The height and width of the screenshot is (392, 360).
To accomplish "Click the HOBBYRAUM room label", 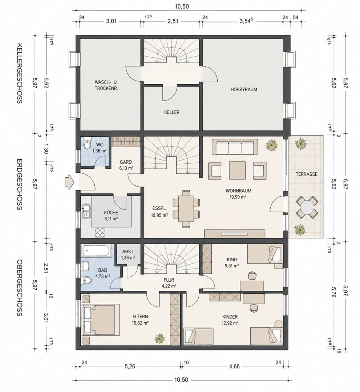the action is pyautogui.click(x=244, y=90).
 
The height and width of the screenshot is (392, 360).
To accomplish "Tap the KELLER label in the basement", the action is pyautogui.click(x=171, y=112).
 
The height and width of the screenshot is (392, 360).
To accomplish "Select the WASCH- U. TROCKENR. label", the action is pyautogui.click(x=106, y=85).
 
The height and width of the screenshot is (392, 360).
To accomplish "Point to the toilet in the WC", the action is pyautogui.click(x=87, y=144).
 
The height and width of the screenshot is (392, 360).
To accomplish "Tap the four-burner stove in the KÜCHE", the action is pyautogui.click(x=100, y=233).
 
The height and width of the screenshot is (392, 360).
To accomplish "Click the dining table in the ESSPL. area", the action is pyautogui.click(x=186, y=208).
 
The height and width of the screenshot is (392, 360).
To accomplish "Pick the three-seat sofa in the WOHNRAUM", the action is pyautogui.click(x=235, y=147).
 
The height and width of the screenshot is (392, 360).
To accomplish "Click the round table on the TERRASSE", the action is pyautogui.click(x=307, y=207).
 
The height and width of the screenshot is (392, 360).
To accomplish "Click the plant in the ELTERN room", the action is pyautogui.click(x=159, y=339).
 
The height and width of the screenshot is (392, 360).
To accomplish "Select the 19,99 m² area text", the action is pyautogui.click(x=238, y=197).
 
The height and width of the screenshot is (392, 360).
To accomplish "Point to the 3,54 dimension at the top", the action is pyautogui.click(x=246, y=21).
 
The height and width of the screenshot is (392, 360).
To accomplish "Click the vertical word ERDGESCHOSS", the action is pyautogui.click(x=20, y=184).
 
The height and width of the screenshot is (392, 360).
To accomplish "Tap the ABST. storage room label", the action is pyautogui.click(x=128, y=252).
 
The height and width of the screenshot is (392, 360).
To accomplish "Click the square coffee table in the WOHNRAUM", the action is pyautogui.click(x=237, y=171).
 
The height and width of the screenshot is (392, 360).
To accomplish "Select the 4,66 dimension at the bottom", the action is pyautogui.click(x=234, y=367).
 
